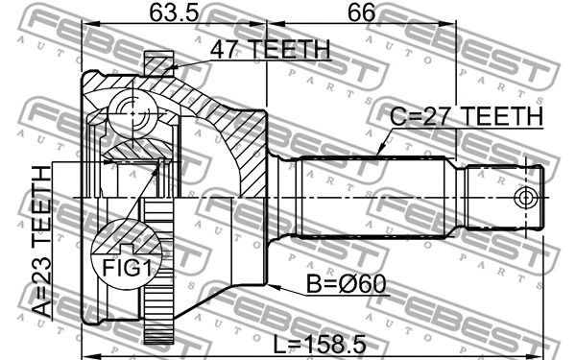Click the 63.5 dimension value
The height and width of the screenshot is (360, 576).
click(x=174, y=12)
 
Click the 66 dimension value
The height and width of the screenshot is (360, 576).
click(x=362, y=12)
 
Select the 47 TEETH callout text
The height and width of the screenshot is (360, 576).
click(x=271, y=49)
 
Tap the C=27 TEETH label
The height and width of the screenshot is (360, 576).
click(x=466, y=116)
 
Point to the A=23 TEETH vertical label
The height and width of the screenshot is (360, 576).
click(x=40, y=241)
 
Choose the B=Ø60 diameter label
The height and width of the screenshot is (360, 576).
click(x=346, y=283)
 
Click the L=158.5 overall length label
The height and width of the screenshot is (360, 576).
click(x=320, y=345)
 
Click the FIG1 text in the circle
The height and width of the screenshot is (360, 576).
click(x=127, y=268)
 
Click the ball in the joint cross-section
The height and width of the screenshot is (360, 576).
click(x=132, y=114)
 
